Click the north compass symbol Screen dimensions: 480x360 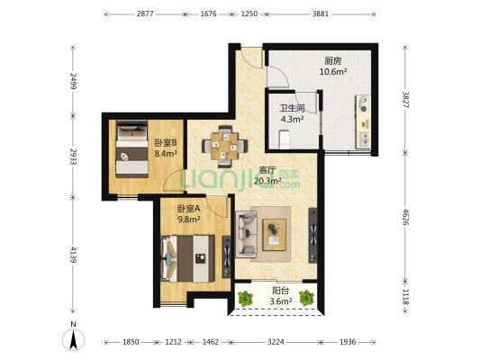(73, 337)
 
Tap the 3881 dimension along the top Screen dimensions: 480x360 (321, 13)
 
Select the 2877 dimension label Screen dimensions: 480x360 (145, 13)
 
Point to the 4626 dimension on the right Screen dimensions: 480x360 (405, 217)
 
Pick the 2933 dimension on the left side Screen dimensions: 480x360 (73, 157)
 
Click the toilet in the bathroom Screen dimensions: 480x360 (284, 139)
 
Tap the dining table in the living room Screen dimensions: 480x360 (225, 146)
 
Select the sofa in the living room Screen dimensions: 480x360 (246, 234)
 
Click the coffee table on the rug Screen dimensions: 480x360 (275, 235)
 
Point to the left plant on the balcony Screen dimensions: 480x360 (245, 298)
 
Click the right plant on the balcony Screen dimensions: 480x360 (306, 298)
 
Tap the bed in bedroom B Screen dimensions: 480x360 (132, 149)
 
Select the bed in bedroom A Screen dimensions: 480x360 (187, 259)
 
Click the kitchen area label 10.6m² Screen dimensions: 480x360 (333, 72)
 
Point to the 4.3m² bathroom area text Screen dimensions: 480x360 (293, 119)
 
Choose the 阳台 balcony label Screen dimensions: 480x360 (281, 292)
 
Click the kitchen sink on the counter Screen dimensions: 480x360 (364, 139)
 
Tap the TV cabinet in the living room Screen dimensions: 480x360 (312, 235)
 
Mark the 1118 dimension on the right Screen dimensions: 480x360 (405, 297)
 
